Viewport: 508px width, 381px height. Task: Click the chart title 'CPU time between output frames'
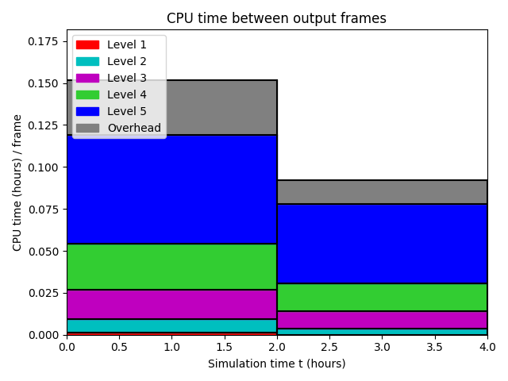point(276,18)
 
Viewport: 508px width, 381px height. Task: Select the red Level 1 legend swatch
point(87,44)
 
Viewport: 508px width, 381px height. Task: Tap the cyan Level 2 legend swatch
point(87,62)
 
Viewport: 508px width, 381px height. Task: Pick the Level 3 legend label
point(127,78)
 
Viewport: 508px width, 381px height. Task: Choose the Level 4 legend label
point(127,94)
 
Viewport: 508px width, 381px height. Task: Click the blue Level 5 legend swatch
point(87,111)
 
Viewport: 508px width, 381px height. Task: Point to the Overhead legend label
point(134,128)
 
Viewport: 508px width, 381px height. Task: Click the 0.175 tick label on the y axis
point(43,41)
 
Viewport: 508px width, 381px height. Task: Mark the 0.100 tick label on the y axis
point(43,167)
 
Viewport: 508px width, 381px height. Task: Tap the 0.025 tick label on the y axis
point(43,293)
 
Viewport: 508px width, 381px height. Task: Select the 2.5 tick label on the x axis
point(329,347)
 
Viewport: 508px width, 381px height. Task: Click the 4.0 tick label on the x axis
point(487,347)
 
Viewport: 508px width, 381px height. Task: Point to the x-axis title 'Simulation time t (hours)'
point(277,364)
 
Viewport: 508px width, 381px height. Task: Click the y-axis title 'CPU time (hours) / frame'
point(17,183)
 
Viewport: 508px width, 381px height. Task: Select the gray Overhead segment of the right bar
point(383,192)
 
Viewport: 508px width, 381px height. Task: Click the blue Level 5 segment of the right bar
point(383,244)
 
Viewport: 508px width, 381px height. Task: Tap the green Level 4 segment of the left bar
point(171,267)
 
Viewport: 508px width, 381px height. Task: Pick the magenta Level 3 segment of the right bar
point(383,320)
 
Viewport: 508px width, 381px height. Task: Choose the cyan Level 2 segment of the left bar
point(171,325)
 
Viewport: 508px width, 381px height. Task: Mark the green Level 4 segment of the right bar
point(383,297)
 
